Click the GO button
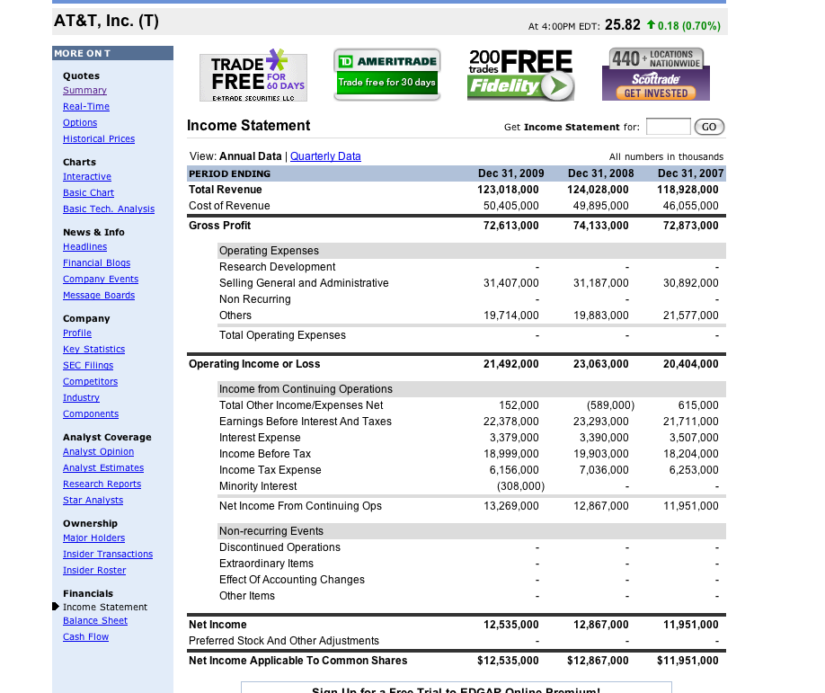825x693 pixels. point(709,127)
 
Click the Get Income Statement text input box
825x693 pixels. point(668,127)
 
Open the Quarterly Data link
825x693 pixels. point(325,156)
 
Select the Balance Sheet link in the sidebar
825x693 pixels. point(95,621)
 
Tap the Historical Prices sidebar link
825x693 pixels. point(99,139)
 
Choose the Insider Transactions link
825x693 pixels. point(108,555)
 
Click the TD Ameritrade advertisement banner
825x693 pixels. point(386,74)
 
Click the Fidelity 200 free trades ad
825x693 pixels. point(520,76)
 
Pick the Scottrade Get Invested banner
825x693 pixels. point(655,75)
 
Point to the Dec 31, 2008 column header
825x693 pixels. point(600,173)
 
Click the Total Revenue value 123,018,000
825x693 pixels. point(508,190)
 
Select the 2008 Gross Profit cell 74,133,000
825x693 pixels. point(598,226)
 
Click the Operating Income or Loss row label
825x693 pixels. point(254,364)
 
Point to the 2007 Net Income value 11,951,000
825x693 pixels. point(687,625)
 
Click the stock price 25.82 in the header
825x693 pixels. point(622,24)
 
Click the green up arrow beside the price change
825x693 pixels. point(651,24)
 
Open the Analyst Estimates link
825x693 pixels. point(103,468)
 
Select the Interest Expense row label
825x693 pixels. point(260,438)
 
